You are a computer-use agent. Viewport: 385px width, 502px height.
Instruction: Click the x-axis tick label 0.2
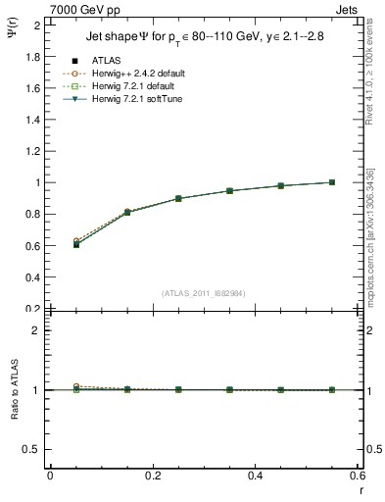pos(153,476)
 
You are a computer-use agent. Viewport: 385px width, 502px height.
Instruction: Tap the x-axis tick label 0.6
pos(358,476)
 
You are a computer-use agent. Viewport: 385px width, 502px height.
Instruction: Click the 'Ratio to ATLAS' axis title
pos(14,389)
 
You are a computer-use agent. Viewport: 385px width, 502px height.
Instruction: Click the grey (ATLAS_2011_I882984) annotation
pos(204,293)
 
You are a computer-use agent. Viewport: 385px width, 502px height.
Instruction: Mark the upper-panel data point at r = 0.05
pos(76,243)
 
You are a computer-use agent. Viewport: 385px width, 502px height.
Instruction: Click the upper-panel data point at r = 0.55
pos(332,182)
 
